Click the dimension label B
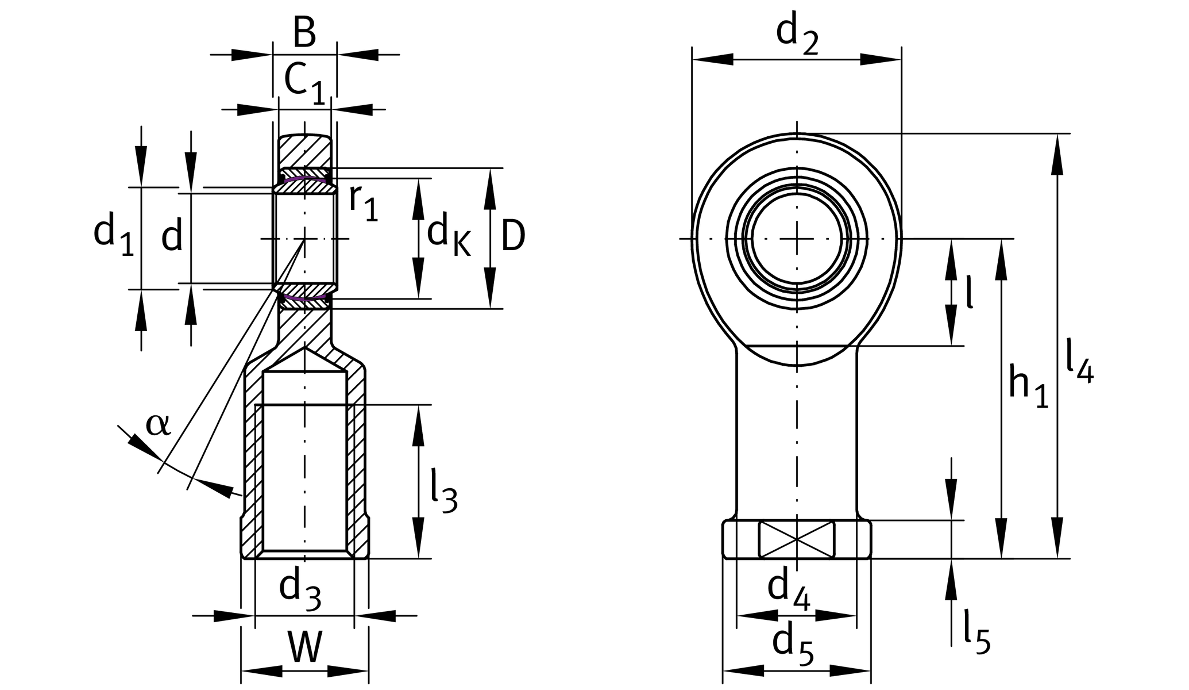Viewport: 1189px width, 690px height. pyautogui.click(x=304, y=33)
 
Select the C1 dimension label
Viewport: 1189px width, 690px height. pyautogui.click(x=304, y=84)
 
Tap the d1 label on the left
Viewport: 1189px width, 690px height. pyautogui.click(x=113, y=235)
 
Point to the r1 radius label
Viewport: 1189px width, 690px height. pyautogui.click(x=363, y=203)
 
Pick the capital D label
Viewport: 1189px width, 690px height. pyautogui.click(x=513, y=236)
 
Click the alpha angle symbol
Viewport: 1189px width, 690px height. pyautogui.click(x=158, y=424)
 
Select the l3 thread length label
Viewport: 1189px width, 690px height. pyautogui.click(x=443, y=493)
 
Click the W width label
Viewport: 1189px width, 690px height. pyautogui.click(x=304, y=647)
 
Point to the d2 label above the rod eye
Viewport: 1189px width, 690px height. pyautogui.click(x=797, y=34)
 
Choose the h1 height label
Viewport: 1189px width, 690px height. pyautogui.click(x=1028, y=386)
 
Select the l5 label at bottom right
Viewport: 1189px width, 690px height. pyautogui.click(x=976, y=632)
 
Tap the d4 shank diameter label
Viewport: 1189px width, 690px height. pyautogui.click(x=789, y=589)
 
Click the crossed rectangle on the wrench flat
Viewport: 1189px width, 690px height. pyautogui.click(x=797, y=539)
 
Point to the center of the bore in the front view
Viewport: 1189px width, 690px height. pyautogui.click(x=797, y=239)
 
